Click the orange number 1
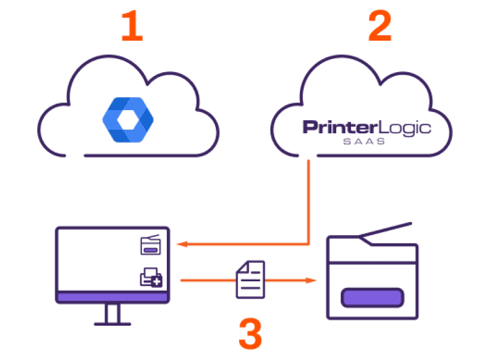[132, 27]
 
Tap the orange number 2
[379, 27]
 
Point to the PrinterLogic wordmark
[366, 128]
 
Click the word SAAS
[364, 142]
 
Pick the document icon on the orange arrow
[250, 279]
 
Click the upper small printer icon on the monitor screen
[150, 245]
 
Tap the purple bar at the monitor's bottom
[112, 297]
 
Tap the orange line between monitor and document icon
[207, 279]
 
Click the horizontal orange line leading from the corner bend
[249, 243]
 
